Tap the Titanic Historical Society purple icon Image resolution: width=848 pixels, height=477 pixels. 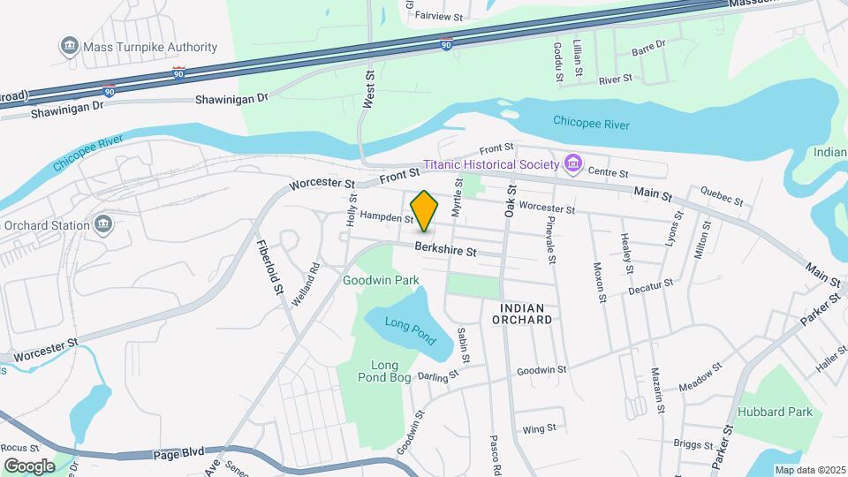573,163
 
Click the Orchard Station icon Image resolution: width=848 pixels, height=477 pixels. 104,224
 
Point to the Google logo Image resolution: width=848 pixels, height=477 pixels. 29,466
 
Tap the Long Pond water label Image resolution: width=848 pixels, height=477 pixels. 411,325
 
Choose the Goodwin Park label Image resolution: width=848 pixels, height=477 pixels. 381,280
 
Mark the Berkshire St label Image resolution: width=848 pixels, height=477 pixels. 446,251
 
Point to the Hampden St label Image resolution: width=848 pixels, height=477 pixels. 387,217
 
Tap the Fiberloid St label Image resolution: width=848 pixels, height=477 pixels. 269,266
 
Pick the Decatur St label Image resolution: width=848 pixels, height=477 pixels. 651,287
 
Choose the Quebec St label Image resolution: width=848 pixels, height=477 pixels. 721,194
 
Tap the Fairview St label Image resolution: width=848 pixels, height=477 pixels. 438,16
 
